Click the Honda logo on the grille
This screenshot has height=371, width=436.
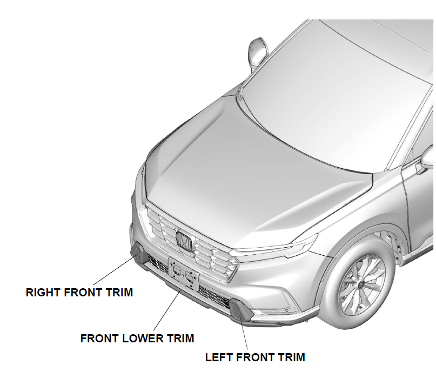tap(184, 240)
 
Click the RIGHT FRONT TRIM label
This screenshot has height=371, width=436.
tap(79, 293)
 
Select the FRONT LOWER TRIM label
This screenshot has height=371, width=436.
tap(137, 339)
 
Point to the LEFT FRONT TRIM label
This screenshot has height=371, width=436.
tap(255, 357)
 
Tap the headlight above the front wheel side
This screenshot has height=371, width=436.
tap(281, 246)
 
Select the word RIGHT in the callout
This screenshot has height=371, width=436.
tap(43, 293)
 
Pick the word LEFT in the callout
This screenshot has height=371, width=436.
tap(218, 357)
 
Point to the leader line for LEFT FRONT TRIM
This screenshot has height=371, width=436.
tap(245, 335)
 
